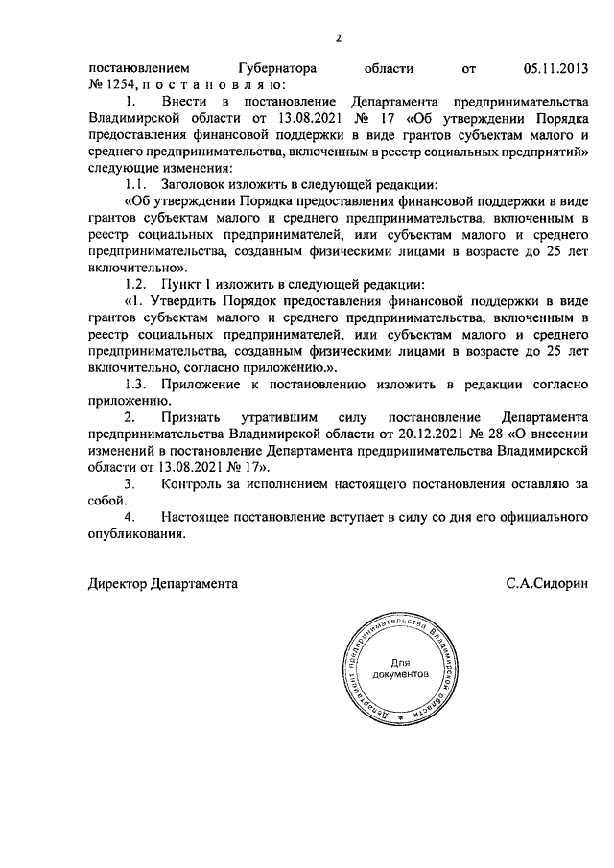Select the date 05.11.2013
pos(555,69)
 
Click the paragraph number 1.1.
pos(140,183)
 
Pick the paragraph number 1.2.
pos(140,285)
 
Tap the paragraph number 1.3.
pos(140,385)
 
